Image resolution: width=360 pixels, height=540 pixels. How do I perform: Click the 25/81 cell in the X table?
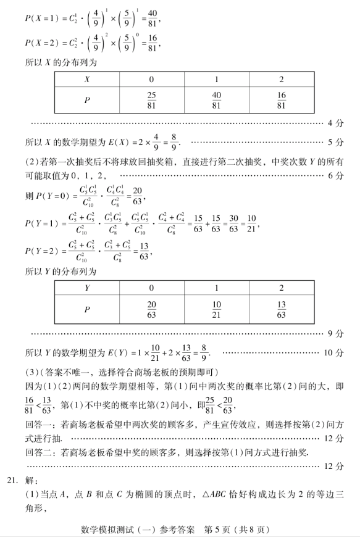152,100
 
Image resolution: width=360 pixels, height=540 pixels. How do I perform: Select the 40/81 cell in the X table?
217,100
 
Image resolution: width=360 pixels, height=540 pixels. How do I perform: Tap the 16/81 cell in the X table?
282,100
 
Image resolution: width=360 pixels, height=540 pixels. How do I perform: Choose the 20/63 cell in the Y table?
152,308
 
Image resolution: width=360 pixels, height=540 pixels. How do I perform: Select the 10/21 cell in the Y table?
217,308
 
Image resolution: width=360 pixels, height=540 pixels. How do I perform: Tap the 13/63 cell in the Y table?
282,308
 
